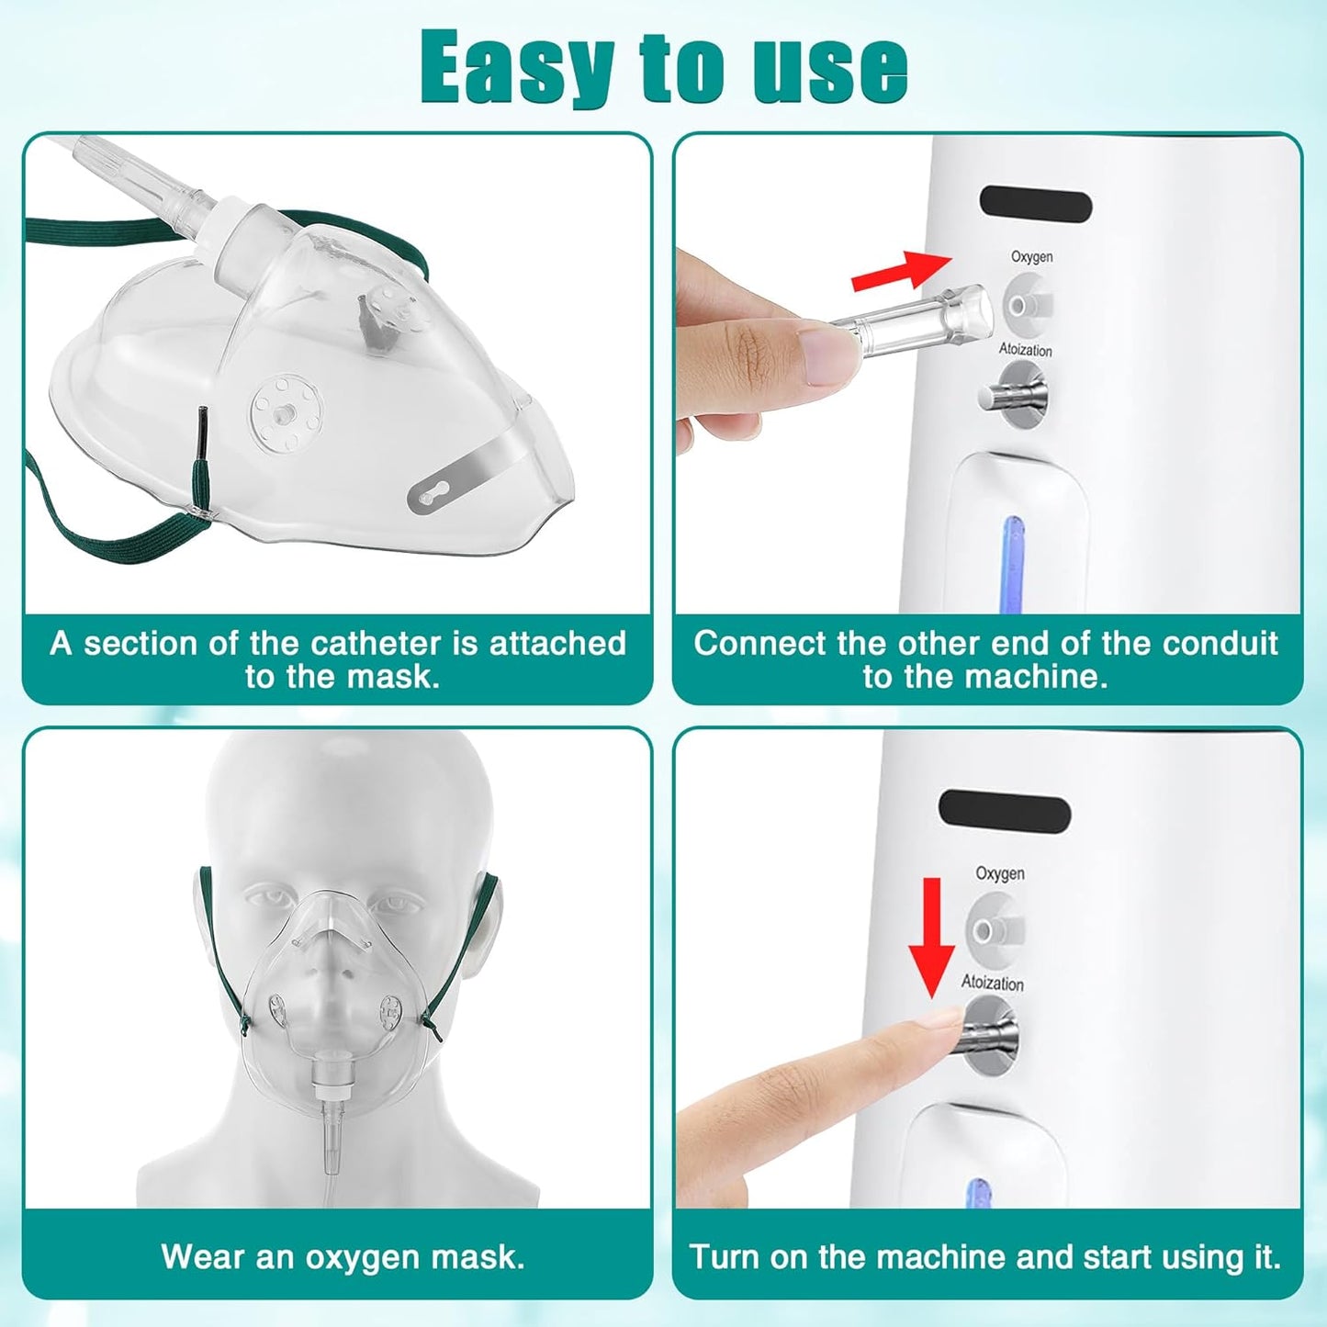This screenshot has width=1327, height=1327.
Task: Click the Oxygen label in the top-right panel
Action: (x=1031, y=256)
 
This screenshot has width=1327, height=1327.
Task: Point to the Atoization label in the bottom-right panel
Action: (x=992, y=983)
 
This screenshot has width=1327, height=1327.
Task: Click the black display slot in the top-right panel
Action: (x=1035, y=204)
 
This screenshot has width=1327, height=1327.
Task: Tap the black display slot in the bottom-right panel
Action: (x=1004, y=812)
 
